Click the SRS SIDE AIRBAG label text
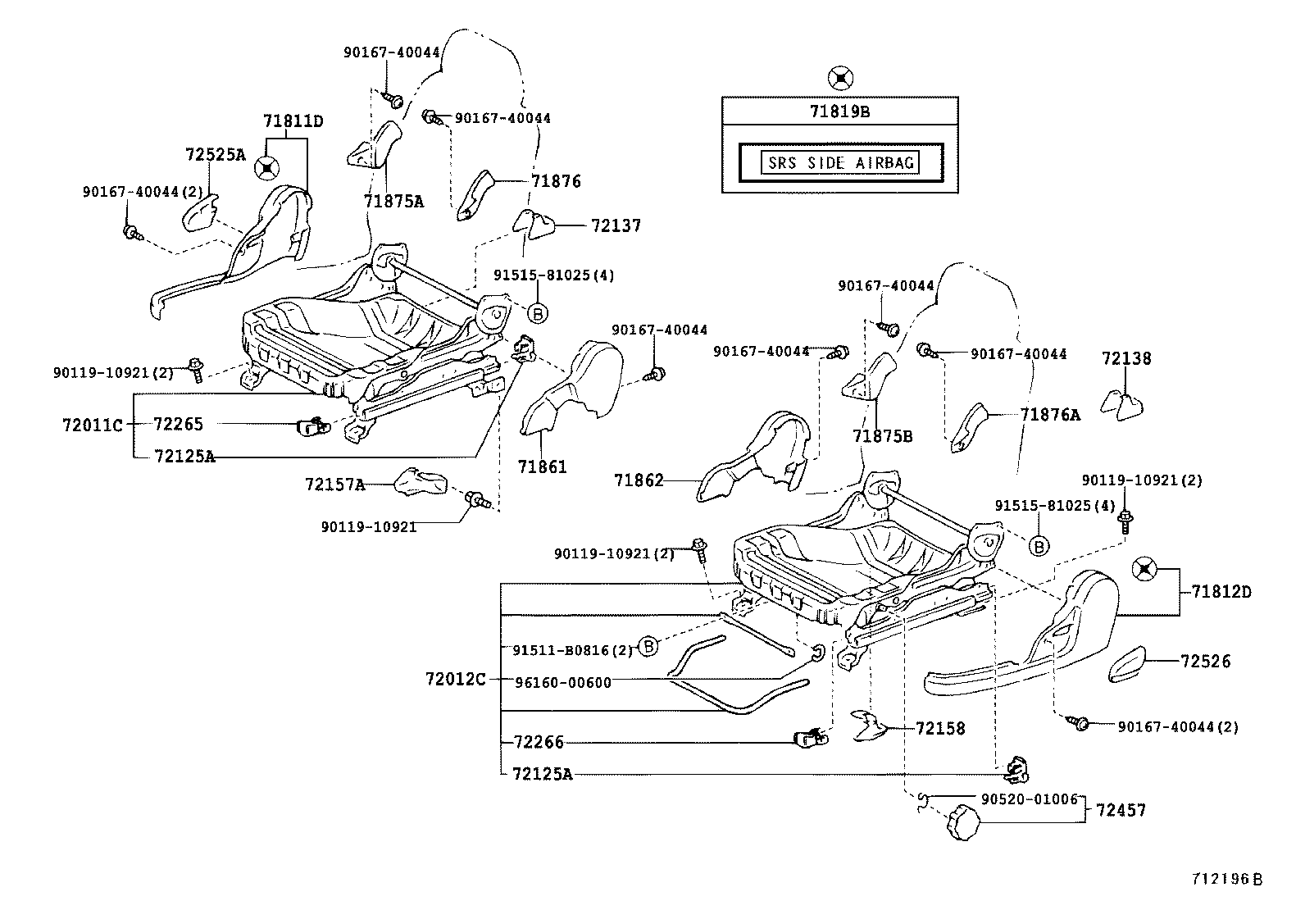pos(840,162)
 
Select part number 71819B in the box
pos(840,111)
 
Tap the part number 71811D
pos(293,121)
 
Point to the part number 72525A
pos(216,154)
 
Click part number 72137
pos(616,225)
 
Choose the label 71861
pos(542,466)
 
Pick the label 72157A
pos(334,485)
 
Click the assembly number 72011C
pos(92,425)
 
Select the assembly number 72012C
pos(456,680)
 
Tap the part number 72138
pos(1125,358)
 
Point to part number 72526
pos(1206,661)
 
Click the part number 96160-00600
pos(562,682)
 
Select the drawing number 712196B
pos(1227,878)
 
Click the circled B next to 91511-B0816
pos(648,646)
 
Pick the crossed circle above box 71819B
pos(839,79)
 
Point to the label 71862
pos(639,480)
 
